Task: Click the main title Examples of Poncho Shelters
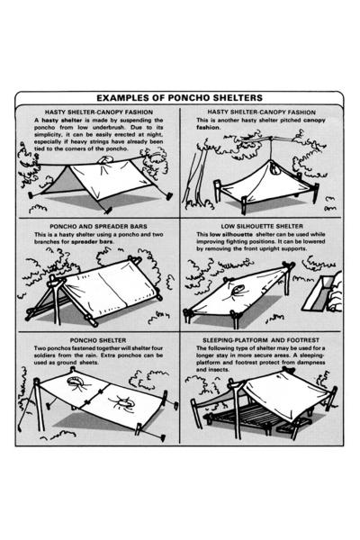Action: (x=179, y=98)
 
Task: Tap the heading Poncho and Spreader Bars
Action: (x=98, y=226)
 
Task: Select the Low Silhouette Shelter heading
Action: (x=262, y=226)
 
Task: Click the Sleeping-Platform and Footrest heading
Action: (x=261, y=340)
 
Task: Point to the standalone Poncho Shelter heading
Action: (x=98, y=340)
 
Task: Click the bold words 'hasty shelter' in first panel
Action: (x=62, y=121)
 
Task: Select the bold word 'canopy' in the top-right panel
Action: (x=314, y=121)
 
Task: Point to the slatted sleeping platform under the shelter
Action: (x=241, y=414)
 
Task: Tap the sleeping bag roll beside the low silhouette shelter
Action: (x=334, y=292)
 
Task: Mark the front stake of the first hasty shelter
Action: (x=107, y=210)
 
